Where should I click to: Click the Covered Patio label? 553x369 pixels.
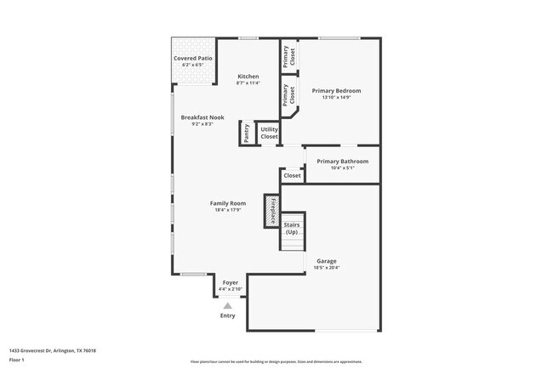coord(193,59)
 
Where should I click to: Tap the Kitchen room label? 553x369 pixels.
coord(248,77)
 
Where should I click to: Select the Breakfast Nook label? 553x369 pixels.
coord(202,117)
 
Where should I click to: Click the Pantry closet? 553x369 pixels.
coord(247,133)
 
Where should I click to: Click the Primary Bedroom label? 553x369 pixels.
coord(336,90)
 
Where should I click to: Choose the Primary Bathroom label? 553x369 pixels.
coord(342,161)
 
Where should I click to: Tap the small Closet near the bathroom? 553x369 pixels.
coord(292,176)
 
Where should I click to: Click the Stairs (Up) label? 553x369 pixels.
coord(292,228)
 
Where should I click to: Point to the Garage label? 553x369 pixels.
coord(328,261)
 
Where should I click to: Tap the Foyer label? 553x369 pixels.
coord(230,282)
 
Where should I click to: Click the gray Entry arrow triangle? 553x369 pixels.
coord(227,305)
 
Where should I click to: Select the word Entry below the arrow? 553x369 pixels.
coord(227,315)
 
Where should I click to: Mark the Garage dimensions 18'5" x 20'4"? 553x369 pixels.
coord(328,268)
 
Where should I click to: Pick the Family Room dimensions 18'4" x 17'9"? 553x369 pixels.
coord(228,210)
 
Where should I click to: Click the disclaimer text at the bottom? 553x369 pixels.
coord(276,362)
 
